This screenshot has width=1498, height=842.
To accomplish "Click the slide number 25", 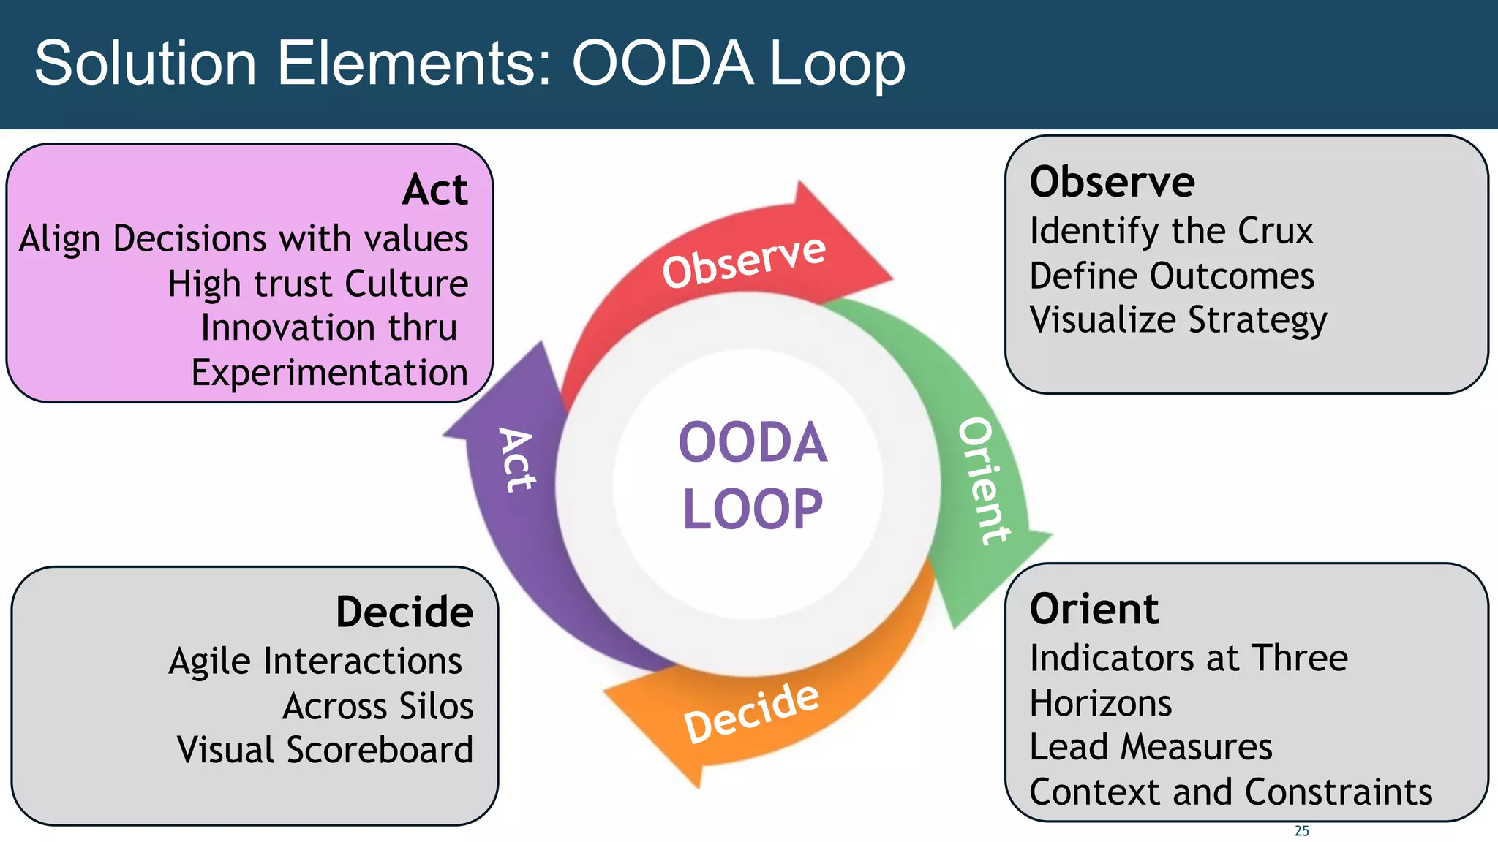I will click(x=1301, y=831).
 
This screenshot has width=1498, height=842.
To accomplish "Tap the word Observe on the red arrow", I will click(x=744, y=261).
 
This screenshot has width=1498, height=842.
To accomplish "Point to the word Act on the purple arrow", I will click(x=516, y=460).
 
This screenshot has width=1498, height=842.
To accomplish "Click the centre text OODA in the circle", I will click(x=753, y=443).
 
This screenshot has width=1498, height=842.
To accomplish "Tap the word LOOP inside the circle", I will click(x=753, y=509).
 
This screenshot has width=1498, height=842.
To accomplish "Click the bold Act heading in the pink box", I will click(x=434, y=190).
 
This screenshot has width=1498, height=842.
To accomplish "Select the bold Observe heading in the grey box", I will click(x=1112, y=182).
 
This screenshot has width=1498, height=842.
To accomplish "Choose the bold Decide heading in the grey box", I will click(x=404, y=612).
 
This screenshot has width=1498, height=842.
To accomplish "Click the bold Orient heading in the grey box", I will click(x=1094, y=609).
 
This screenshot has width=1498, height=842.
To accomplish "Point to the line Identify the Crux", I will click(x=1171, y=232).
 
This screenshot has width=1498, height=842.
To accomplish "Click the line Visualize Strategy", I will click(x=1178, y=320).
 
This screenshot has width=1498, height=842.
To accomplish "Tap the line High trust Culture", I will click(x=317, y=284).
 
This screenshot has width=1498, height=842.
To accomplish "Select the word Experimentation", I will click(x=329, y=373).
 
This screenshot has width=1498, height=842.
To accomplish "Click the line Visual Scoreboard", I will click(x=325, y=750).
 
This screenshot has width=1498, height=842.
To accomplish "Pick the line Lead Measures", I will click(x=1151, y=747).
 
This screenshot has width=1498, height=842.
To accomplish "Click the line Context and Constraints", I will click(x=1230, y=792).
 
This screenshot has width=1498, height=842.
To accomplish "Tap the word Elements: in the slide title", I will click(x=413, y=64).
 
